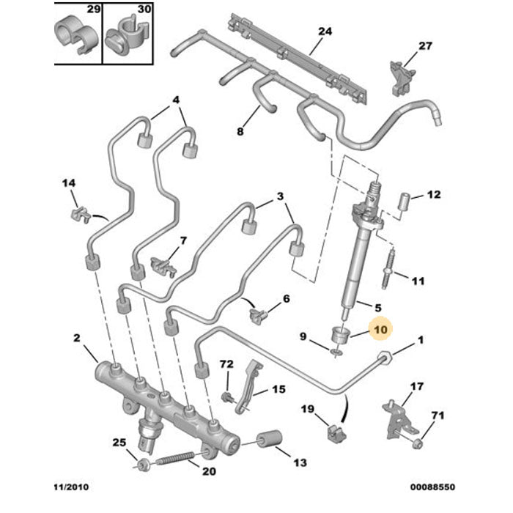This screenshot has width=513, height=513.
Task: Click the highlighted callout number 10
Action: pos(381,331)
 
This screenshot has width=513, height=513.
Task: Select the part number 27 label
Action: pos(425,45)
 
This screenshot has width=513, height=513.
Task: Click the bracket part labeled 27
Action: pos(399,75)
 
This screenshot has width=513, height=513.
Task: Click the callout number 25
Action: pos(119,443)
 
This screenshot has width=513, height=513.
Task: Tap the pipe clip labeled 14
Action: pos(80,215)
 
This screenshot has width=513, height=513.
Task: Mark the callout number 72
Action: pos(226,363)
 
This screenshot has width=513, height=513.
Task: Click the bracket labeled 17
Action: pos(396,415)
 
